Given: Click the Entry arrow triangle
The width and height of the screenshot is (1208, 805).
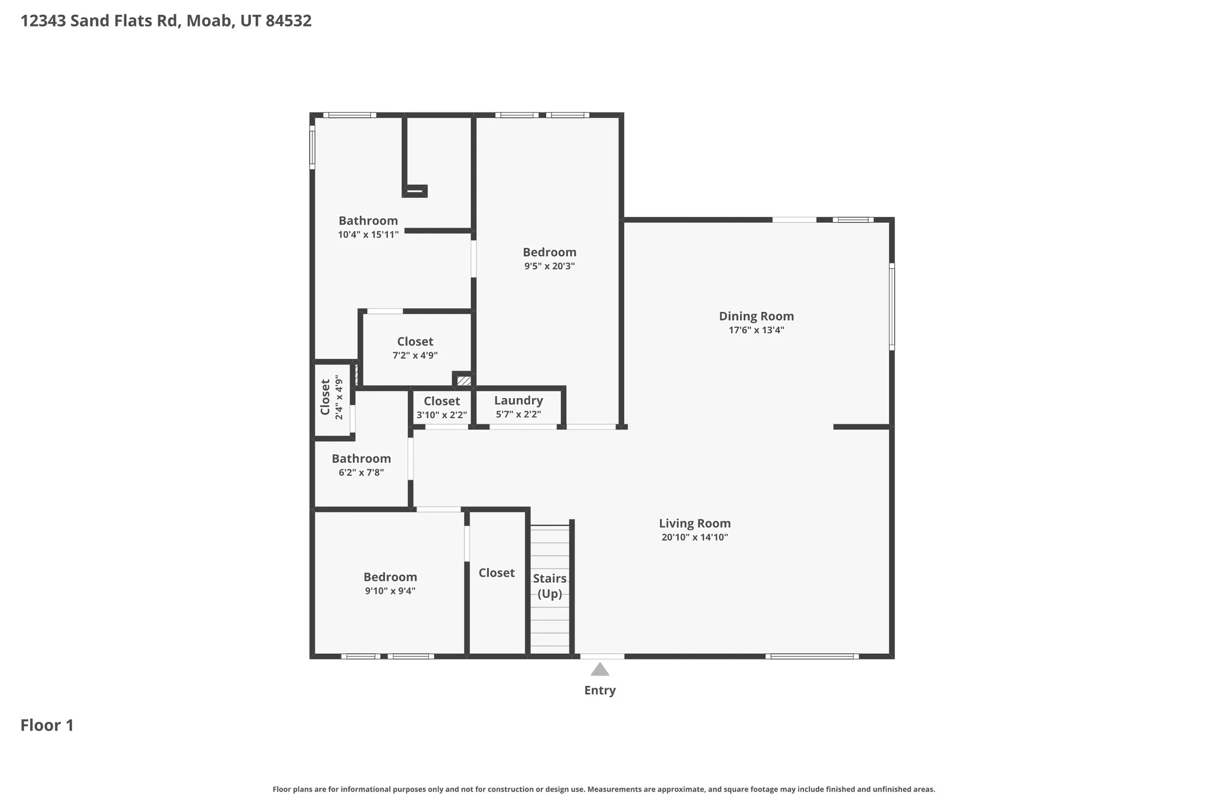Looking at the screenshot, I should coord(600,669).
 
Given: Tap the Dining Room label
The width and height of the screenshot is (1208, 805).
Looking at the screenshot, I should coord(756,316).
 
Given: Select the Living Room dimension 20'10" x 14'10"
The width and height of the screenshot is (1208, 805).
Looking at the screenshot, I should coord(695,537).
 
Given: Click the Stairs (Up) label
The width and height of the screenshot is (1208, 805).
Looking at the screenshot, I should coord(550,586).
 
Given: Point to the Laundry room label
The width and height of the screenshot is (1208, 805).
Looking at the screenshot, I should coord(518,400).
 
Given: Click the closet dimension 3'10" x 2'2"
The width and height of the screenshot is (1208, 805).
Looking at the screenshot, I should coord(442,415).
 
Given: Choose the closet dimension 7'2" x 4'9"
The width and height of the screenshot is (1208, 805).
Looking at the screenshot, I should coord(415,356).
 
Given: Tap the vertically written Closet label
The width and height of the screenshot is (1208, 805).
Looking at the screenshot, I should coord(325,397).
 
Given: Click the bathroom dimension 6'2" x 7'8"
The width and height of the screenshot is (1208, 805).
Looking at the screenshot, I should coord(361,472).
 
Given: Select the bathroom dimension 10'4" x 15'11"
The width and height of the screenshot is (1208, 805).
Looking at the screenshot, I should coord(368,235).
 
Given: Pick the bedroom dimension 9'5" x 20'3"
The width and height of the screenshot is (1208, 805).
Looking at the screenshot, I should coord(549,266).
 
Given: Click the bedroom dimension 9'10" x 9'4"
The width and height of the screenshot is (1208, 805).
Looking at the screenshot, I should coord(390,591).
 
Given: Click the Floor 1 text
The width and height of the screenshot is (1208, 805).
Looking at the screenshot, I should coord(47,725).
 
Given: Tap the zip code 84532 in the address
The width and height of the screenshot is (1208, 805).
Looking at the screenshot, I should coord(288,21).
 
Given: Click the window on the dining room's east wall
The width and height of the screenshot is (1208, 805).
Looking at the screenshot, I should coord(891,307).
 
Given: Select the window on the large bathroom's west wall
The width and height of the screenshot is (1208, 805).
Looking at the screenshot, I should coord(312,149).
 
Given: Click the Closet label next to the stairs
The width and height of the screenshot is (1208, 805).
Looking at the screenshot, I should coord(496,573).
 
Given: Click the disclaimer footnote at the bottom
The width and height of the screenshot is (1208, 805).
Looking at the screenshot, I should coord(603,789).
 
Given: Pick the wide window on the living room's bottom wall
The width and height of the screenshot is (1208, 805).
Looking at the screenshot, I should coord(812,656).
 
